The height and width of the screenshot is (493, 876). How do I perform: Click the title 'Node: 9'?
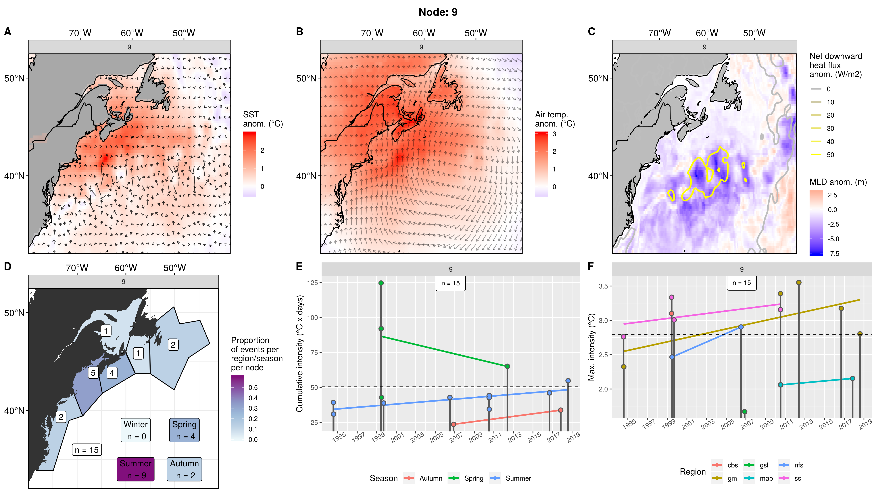(x=438, y=12)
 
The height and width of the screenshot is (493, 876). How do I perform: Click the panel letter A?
(x=7, y=32)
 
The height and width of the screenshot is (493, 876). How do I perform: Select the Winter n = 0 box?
(x=136, y=430)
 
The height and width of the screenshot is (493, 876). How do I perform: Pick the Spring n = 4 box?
(x=184, y=430)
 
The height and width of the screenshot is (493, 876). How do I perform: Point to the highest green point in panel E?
(x=381, y=283)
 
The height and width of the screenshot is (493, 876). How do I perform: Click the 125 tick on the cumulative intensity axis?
(x=312, y=283)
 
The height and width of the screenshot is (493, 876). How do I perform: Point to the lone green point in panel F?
(x=744, y=412)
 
